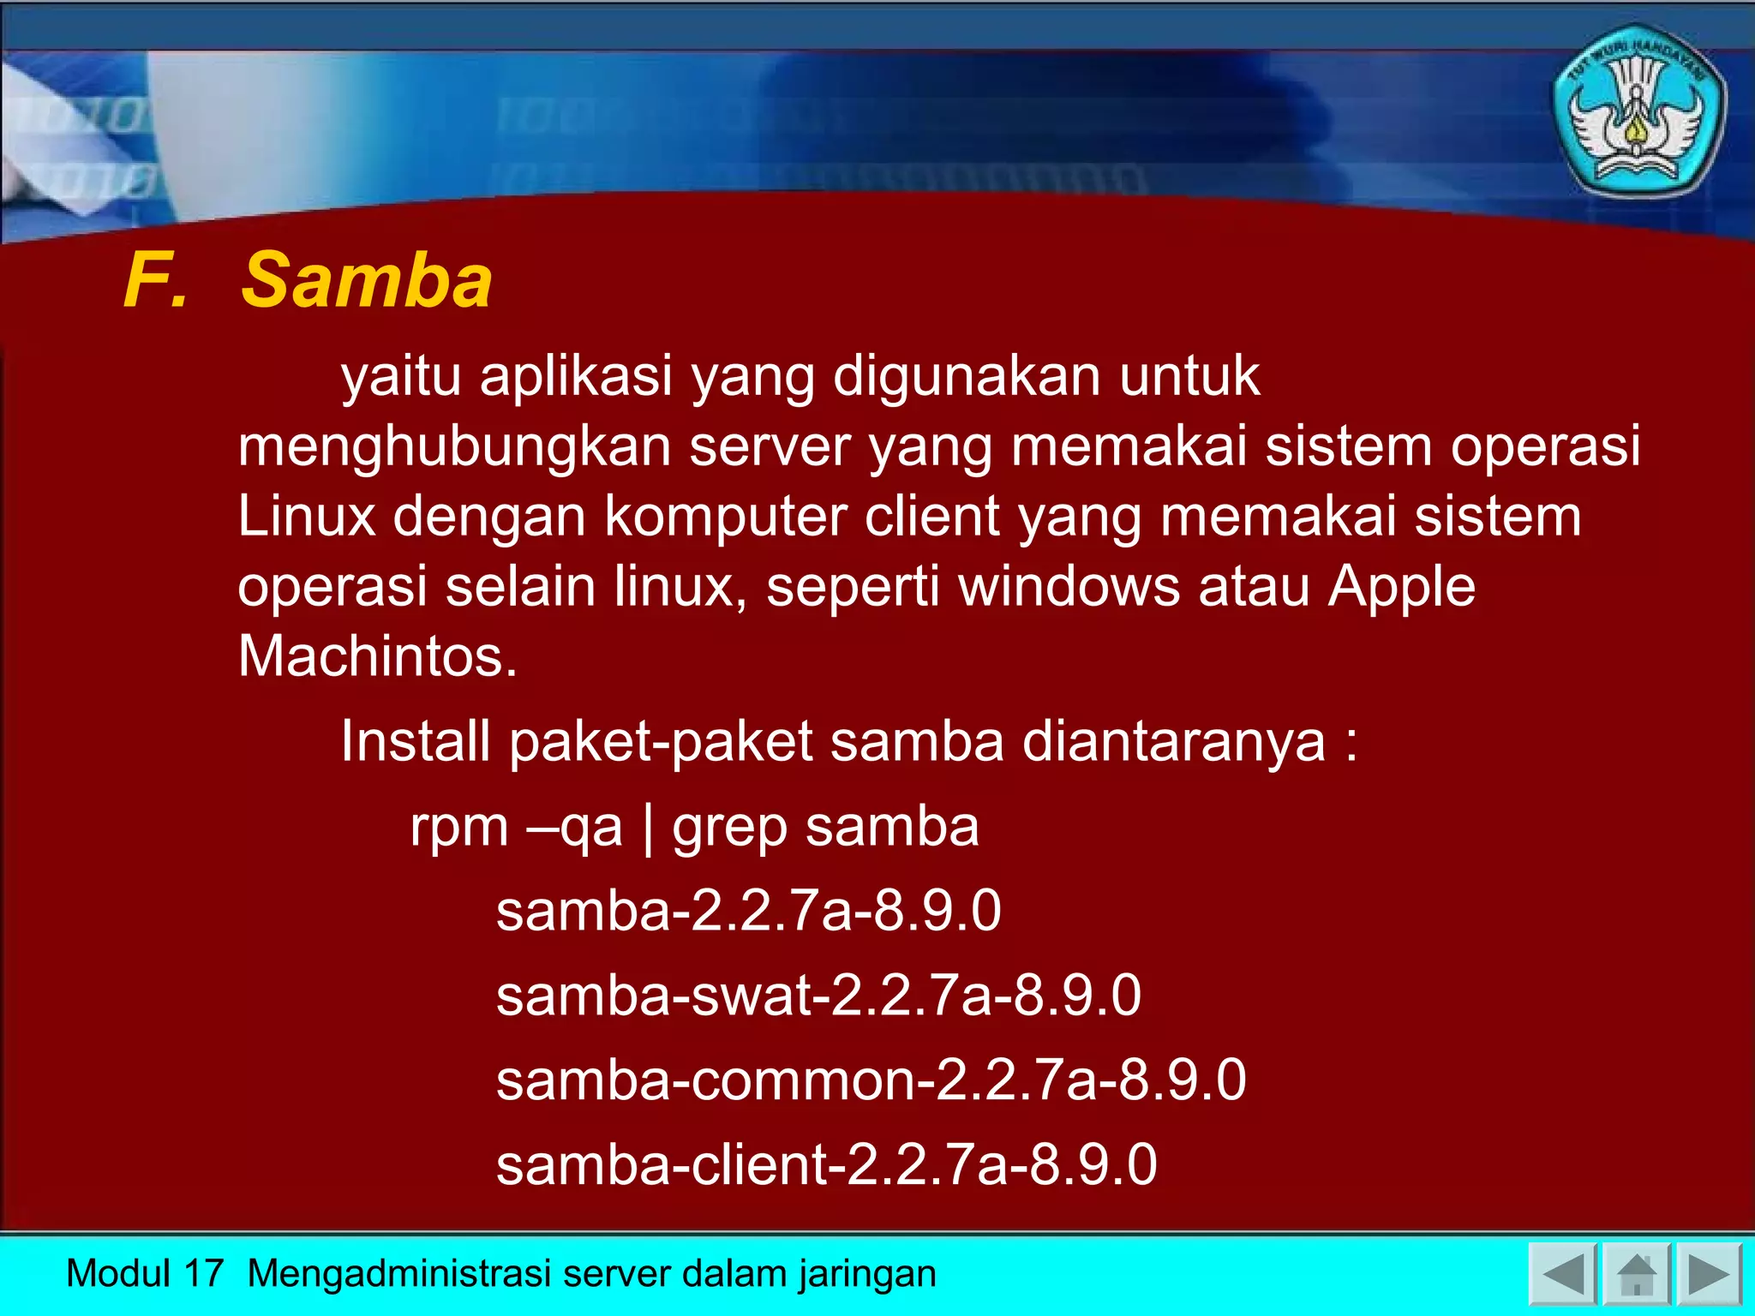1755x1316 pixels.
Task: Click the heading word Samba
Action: [367, 281]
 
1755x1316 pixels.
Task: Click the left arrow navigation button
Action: [1561, 1274]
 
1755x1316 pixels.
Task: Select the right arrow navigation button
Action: [1709, 1274]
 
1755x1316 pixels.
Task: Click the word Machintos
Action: [377, 656]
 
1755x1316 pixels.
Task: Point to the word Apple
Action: [1402, 587]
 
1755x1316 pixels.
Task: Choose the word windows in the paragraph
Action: [1069, 587]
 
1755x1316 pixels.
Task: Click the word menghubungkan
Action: [454, 447]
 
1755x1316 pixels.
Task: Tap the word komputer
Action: [725, 517]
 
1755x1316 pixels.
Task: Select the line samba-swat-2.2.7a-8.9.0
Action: [818, 996]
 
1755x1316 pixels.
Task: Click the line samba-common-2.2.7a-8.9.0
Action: [871, 1080]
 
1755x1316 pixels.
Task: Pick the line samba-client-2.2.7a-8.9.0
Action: [826, 1164]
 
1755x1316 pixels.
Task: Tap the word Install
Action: [415, 741]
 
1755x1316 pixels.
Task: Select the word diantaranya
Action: [1174, 741]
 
